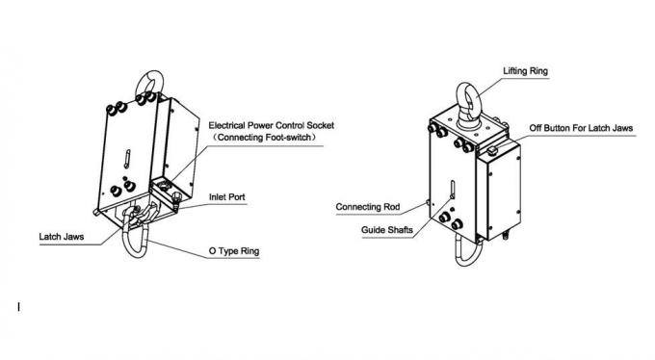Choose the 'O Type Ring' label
pyautogui.click(x=235, y=252)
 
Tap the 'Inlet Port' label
pyautogui.click(x=228, y=197)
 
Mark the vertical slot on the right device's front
pyautogui.click(x=451, y=190)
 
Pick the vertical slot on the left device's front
pyautogui.click(x=127, y=158)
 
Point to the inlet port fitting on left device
pyautogui.click(x=179, y=200)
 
